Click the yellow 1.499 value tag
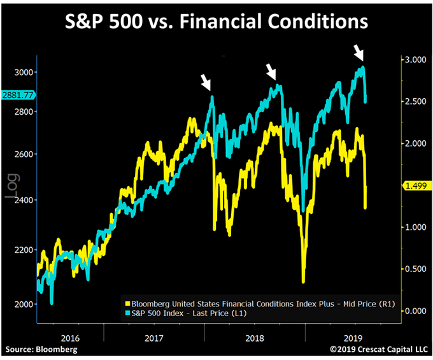point(415,185)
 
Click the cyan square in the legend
point(127,314)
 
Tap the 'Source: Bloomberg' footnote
point(41,349)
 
